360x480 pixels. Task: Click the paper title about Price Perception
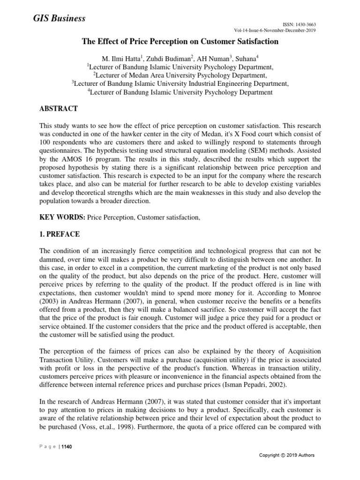click(x=180, y=42)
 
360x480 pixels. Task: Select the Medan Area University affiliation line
click(x=180, y=75)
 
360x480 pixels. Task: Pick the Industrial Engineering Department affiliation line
click(x=180, y=83)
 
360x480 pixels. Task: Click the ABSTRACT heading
click(x=59, y=109)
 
